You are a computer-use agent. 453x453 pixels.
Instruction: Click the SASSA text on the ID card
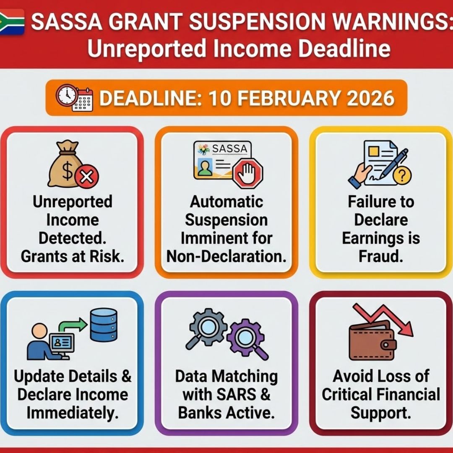tap(229, 148)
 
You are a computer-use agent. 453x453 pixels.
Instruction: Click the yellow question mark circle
tap(404, 176)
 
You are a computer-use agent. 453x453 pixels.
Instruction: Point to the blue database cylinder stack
tap(103, 325)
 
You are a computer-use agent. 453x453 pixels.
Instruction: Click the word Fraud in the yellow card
tap(380, 256)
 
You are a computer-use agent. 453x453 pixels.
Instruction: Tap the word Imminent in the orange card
tap(205, 238)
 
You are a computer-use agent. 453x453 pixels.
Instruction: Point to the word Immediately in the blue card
tap(72, 412)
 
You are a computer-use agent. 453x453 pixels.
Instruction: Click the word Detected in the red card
tap(72, 238)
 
